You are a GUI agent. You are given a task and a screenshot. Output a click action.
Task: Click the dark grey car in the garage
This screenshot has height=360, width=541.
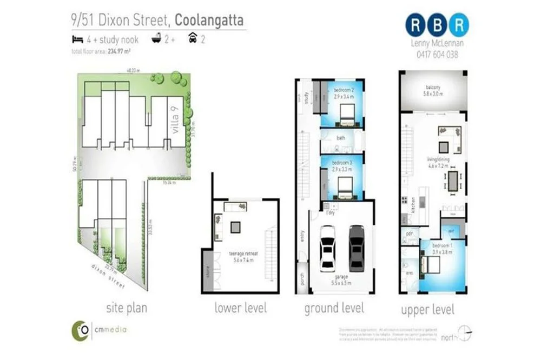click(x=357, y=247)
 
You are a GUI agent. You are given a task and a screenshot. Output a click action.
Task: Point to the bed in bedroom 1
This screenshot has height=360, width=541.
click(x=431, y=265)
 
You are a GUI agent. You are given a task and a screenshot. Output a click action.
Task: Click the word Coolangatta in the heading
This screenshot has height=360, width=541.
click(x=209, y=21)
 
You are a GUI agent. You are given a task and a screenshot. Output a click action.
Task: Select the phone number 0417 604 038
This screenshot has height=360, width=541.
click(x=437, y=54)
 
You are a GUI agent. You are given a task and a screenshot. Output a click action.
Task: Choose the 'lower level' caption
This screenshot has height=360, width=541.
click(x=240, y=308)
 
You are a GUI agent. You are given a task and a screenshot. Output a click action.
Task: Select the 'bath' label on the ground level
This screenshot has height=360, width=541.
click(x=341, y=138)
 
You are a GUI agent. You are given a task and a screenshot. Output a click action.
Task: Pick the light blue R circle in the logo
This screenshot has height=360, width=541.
click(x=459, y=24)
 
